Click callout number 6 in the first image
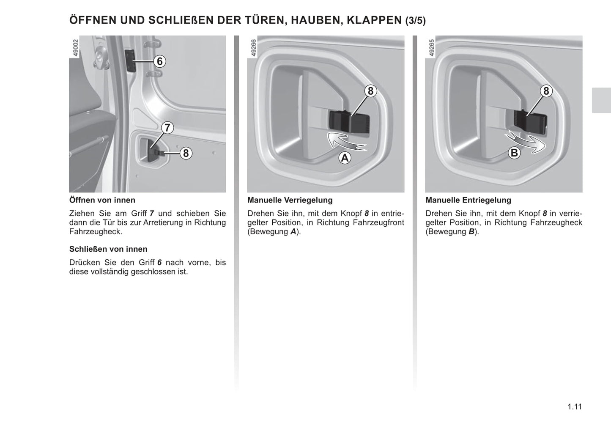click(x=159, y=61)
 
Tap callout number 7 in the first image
click(x=167, y=127)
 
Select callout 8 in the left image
click(x=186, y=153)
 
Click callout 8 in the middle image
click(x=370, y=91)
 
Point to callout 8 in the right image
click(x=546, y=91)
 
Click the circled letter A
click(x=345, y=158)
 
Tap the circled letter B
click(x=514, y=153)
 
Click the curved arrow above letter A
click(x=346, y=141)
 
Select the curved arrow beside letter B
click(x=527, y=142)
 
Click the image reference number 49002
click(x=76, y=49)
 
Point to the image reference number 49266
click(x=254, y=49)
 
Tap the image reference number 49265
click(x=432, y=49)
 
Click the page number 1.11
click(x=575, y=407)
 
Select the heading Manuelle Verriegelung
click(x=290, y=200)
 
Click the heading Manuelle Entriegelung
click(x=468, y=200)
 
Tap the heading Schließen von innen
click(x=108, y=249)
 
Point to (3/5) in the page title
click(x=415, y=21)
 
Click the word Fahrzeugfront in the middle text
click(x=379, y=222)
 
